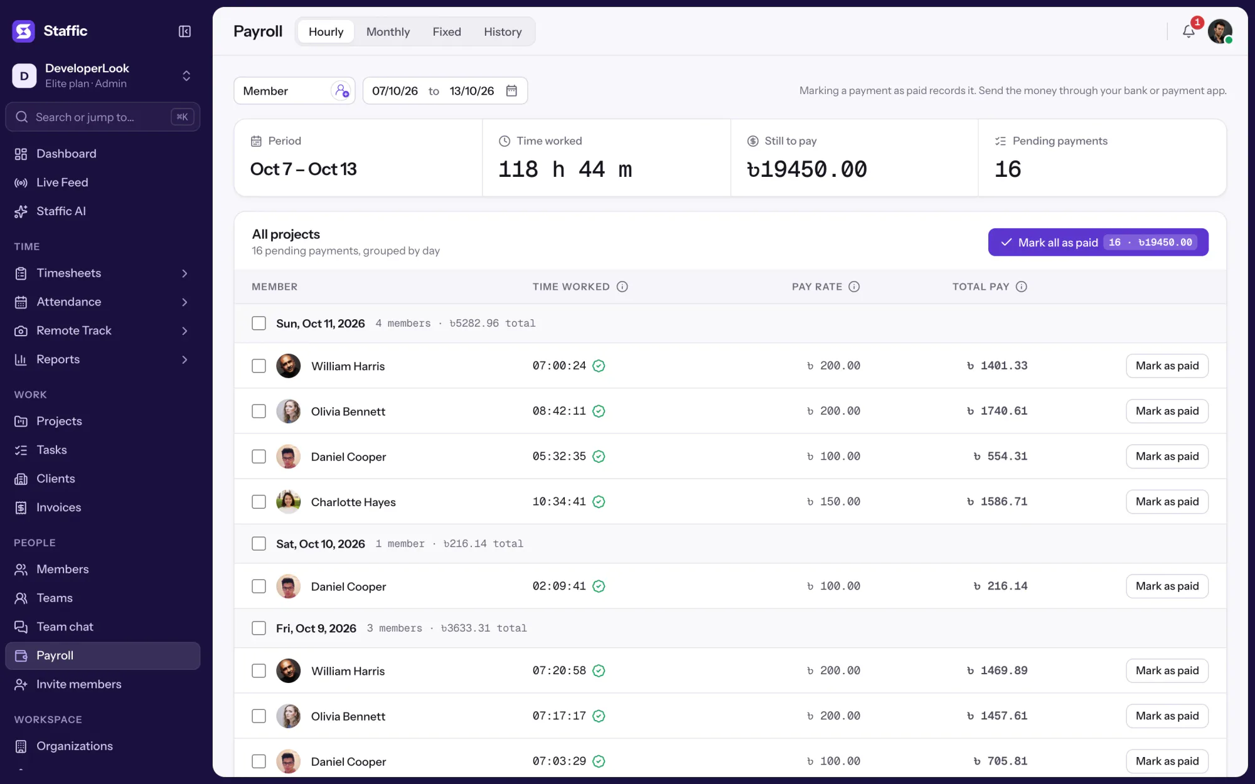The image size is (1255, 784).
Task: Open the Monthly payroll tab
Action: pyautogui.click(x=388, y=31)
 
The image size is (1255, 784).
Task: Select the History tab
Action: pyautogui.click(x=503, y=31)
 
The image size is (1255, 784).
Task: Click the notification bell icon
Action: pyautogui.click(x=1188, y=31)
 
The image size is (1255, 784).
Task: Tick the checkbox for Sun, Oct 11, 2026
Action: pyautogui.click(x=259, y=323)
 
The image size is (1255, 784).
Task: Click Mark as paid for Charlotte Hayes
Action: pyautogui.click(x=1167, y=502)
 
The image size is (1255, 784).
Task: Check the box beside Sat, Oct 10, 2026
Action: pyautogui.click(x=259, y=544)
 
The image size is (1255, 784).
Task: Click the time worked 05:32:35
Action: pyautogui.click(x=559, y=457)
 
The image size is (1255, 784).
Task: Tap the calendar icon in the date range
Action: pyautogui.click(x=511, y=91)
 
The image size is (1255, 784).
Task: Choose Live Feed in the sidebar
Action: pyautogui.click(x=62, y=183)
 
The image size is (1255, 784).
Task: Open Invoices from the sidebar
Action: pyautogui.click(x=59, y=507)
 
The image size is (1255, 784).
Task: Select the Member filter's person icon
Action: pyautogui.click(x=341, y=91)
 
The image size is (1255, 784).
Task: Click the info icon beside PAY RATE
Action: pyautogui.click(x=854, y=287)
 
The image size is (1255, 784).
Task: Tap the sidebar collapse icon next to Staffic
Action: pyautogui.click(x=184, y=31)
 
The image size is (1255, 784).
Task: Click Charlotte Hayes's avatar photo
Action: pyautogui.click(x=288, y=502)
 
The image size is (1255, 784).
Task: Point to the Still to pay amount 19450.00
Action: pyautogui.click(x=807, y=169)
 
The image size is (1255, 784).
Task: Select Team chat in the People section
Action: pyautogui.click(x=65, y=627)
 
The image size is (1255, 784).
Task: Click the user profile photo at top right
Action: pyautogui.click(x=1220, y=31)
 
